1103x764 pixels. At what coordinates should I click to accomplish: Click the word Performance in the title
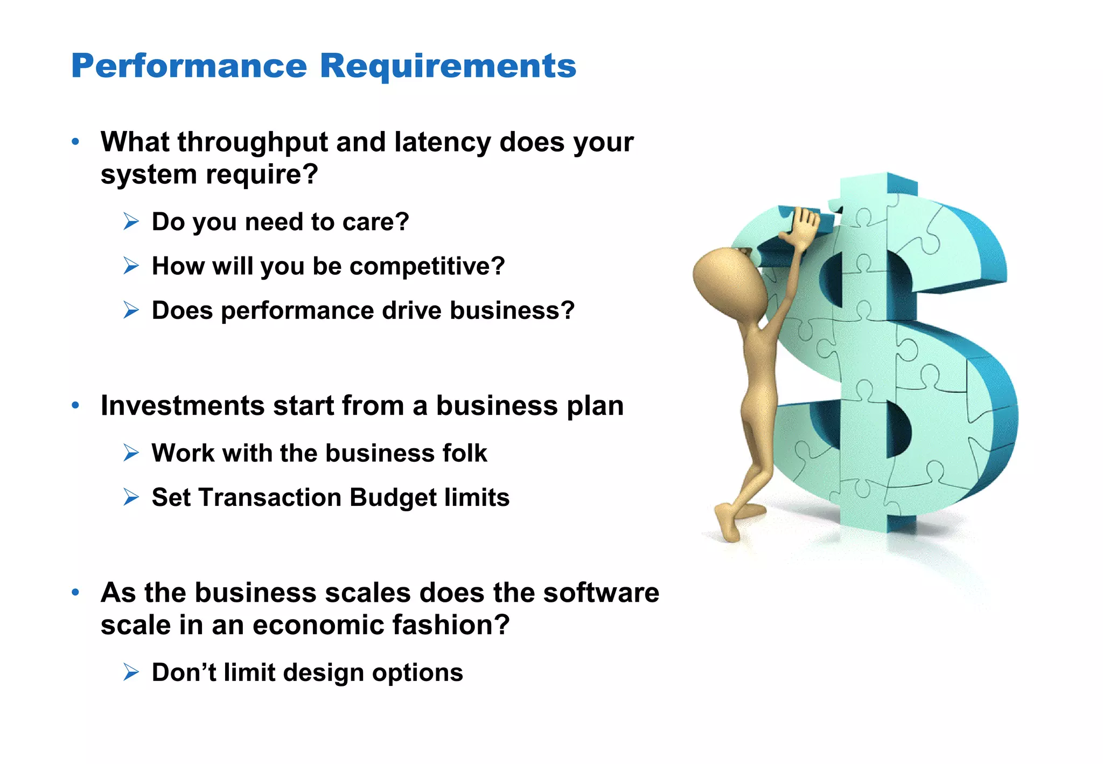click(x=189, y=66)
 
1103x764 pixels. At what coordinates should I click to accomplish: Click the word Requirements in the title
click(x=448, y=66)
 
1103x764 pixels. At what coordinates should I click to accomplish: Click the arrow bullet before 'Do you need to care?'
click(x=131, y=221)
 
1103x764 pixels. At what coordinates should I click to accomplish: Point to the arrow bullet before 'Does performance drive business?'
click(x=131, y=310)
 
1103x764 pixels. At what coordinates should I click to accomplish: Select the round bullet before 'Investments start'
click(x=75, y=405)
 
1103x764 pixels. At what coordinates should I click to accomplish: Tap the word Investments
click(x=183, y=406)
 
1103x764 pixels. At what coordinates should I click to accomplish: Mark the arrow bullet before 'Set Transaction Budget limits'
click(x=131, y=497)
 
